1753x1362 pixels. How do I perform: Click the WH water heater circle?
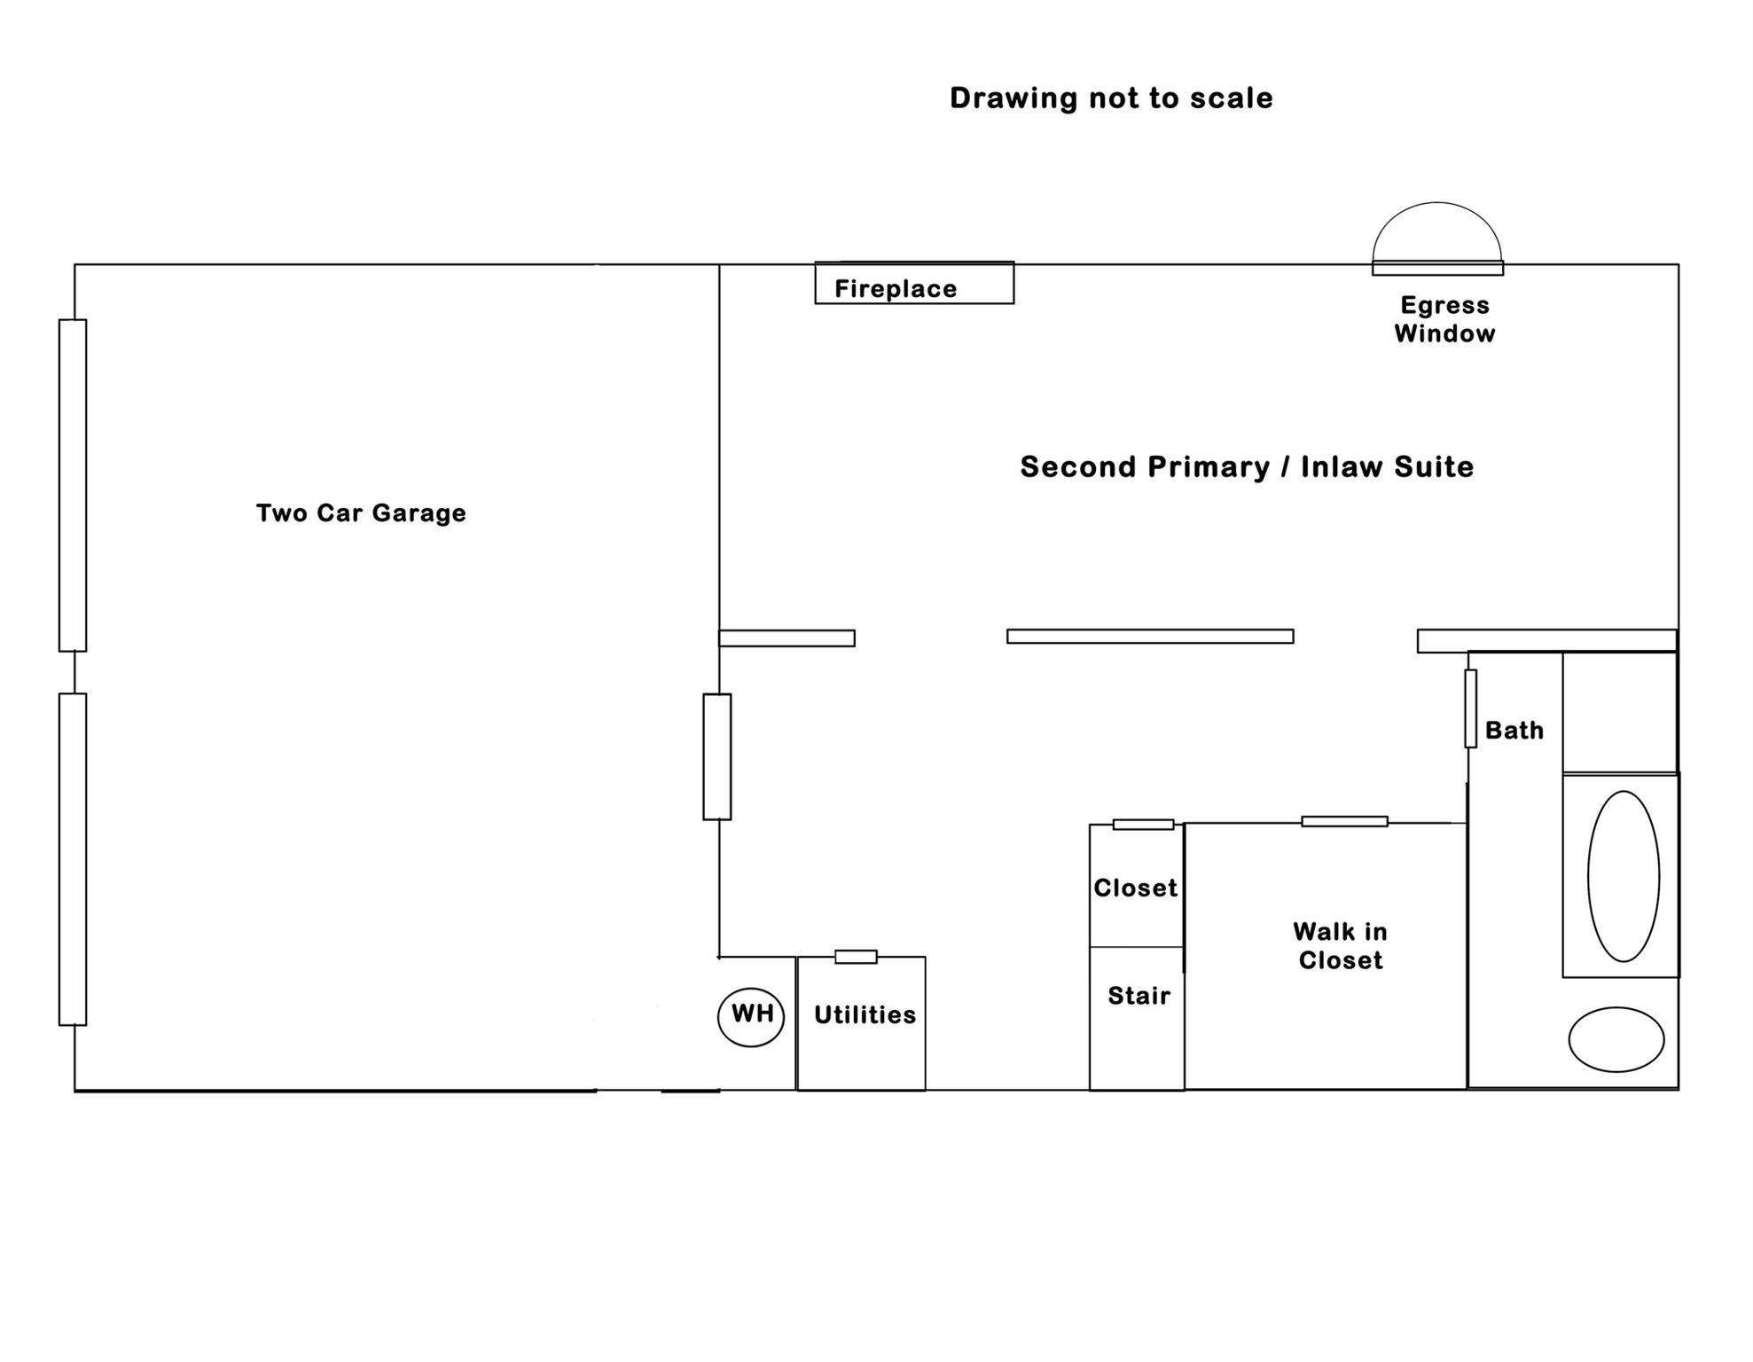pyautogui.click(x=751, y=1016)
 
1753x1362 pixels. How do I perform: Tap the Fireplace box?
pyautogui.click(x=914, y=284)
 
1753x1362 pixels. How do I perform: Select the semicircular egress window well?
pyautogui.click(x=1437, y=233)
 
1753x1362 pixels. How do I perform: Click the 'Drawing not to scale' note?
pyautogui.click(x=1111, y=98)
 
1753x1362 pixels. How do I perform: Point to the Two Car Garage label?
pyautogui.click(x=361, y=513)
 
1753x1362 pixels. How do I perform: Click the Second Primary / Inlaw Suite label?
pyautogui.click(x=1247, y=466)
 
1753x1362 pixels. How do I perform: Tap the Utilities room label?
pyautogui.click(x=865, y=1014)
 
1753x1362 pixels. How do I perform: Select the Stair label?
pyautogui.click(x=1139, y=995)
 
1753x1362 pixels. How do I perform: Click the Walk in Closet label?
pyautogui.click(x=1340, y=945)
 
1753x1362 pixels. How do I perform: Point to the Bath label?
pyautogui.click(x=1514, y=730)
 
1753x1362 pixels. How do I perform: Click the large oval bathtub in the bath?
pyautogui.click(x=1624, y=876)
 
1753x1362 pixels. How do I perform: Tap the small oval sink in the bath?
pyautogui.click(x=1616, y=1039)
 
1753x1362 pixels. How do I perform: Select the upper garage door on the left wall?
pyautogui.click(x=73, y=485)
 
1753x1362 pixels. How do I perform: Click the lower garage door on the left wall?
pyautogui.click(x=73, y=859)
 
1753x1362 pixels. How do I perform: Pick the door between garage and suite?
pyautogui.click(x=717, y=756)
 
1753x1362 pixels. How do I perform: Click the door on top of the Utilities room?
pyautogui.click(x=856, y=957)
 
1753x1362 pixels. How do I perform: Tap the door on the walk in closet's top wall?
pyautogui.click(x=1344, y=821)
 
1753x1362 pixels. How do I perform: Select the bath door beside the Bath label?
pyautogui.click(x=1470, y=708)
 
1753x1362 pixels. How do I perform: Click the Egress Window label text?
pyautogui.click(x=1444, y=319)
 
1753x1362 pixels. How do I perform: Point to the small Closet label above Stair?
pyautogui.click(x=1135, y=888)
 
